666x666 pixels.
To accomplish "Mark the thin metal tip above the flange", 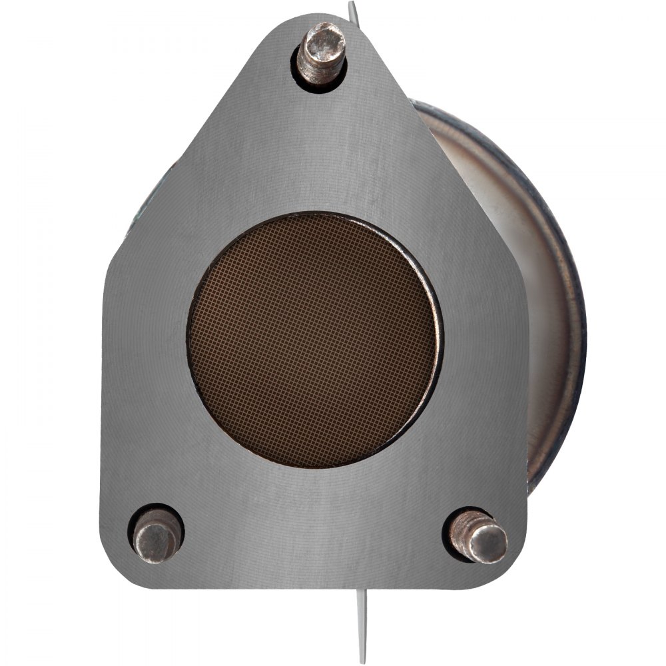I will pyautogui.click(x=353, y=11).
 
